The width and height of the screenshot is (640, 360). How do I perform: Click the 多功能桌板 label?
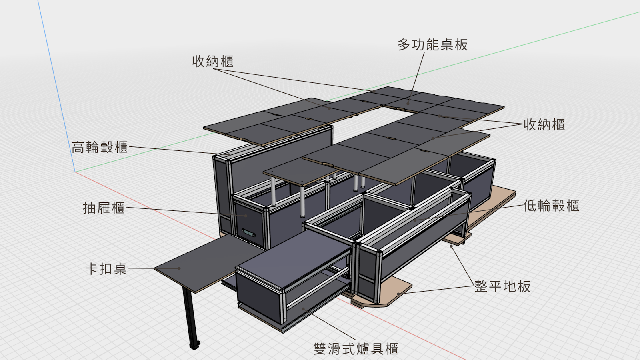[x=432, y=45]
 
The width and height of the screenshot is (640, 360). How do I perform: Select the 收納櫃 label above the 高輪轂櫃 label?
[x=213, y=62]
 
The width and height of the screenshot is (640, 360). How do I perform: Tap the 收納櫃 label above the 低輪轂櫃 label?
[x=544, y=125]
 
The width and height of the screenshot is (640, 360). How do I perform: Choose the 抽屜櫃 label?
[x=104, y=208]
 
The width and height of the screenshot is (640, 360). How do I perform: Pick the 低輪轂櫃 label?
[x=552, y=206]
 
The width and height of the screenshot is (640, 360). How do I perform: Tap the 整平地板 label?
[x=502, y=286]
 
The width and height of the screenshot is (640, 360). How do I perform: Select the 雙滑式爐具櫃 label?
[x=356, y=349]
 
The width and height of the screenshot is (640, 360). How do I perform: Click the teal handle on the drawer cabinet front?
[x=248, y=233]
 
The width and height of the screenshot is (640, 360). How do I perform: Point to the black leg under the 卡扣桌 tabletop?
[x=190, y=317]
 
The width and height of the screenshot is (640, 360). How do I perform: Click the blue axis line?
[x=56, y=86]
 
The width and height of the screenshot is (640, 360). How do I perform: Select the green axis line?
[x=357, y=92]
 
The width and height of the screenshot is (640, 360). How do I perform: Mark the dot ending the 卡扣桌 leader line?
[x=179, y=268]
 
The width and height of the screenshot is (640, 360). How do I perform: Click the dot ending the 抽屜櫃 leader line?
[x=246, y=216]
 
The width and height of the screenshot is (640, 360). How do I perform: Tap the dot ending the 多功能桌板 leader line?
[x=408, y=104]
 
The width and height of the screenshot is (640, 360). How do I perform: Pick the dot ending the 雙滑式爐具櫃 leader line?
[x=303, y=309]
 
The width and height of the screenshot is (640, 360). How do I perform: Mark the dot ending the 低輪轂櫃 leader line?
[x=415, y=220]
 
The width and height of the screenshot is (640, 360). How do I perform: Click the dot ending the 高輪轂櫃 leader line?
[x=229, y=155]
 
